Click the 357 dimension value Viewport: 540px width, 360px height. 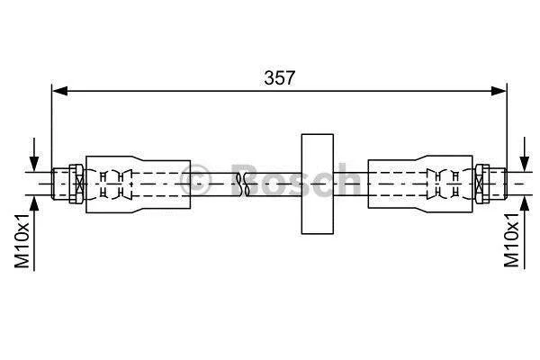point(279,78)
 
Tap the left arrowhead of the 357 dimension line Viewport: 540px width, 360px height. point(59,91)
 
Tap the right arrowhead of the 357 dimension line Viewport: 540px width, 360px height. point(499,91)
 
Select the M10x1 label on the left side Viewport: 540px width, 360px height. point(22,240)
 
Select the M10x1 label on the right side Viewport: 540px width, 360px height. point(511,239)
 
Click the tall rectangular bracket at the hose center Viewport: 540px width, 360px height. point(317,184)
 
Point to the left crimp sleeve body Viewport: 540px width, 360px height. point(138,184)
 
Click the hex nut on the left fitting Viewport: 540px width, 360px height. point(76,184)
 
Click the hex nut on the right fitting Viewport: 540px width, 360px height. point(482,184)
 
